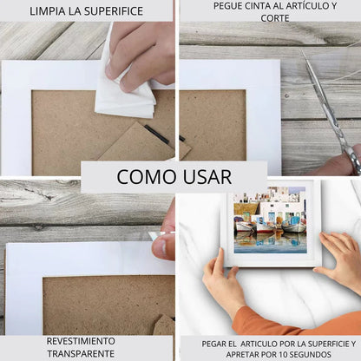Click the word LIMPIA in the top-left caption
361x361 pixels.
click(x=49, y=11)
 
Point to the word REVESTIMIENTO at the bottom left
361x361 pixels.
click(x=81, y=341)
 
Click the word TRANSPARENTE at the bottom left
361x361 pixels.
click(x=81, y=353)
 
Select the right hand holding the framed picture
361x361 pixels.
click(x=340, y=260)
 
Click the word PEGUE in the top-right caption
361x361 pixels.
click(x=231, y=6)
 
